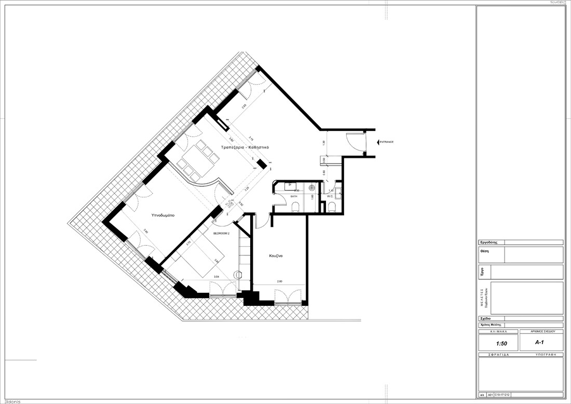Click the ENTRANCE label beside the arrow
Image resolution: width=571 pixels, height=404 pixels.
click(387, 142)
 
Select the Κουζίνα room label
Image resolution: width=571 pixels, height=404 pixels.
click(276, 256)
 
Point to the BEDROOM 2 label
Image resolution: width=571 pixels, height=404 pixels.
click(221, 234)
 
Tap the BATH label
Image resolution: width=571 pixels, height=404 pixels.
click(293, 197)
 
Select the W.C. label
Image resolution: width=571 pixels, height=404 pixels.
click(330, 197)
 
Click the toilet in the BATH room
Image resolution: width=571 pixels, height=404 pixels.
click(295, 207)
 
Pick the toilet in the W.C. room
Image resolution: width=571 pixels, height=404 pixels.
click(332, 208)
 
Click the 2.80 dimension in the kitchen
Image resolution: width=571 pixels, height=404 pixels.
click(279, 281)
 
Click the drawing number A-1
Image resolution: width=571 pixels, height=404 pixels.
click(539, 343)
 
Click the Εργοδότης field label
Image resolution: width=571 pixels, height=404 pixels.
click(489, 242)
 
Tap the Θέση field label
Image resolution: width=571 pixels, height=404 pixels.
click(485, 250)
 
